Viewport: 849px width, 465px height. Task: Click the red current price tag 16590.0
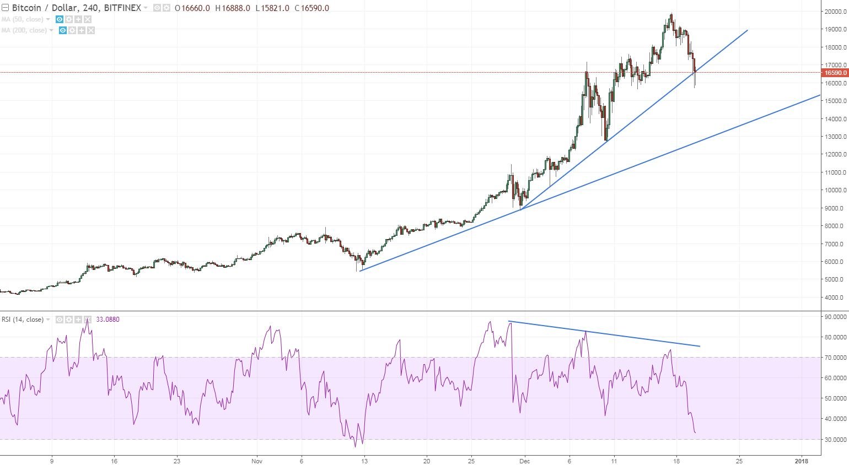[x=834, y=73]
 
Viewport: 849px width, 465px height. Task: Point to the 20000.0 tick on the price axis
[x=834, y=12]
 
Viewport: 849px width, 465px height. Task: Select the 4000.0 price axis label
[x=834, y=298]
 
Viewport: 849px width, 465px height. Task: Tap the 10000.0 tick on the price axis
[x=834, y=190]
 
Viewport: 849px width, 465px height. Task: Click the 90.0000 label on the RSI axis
[x=835, y=317]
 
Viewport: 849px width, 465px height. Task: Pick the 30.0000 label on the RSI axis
[x=835, y=440]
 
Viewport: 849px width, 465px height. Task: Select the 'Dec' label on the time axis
[x=524, y=461]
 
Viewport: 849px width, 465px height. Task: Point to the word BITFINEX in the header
[x=122, y=8]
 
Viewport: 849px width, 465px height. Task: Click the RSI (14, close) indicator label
[x=23, y=320]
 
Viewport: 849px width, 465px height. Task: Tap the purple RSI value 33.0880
[x=108, y=320]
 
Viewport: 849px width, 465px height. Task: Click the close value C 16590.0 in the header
[x=311, y=8]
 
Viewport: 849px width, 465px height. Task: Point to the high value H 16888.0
[x=233, y=8]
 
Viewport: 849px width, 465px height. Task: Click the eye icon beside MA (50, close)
[x=60, y=19]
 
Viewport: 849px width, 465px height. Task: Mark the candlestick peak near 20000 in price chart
[x=671, y=15]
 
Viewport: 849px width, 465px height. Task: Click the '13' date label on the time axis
[x=364, y=461]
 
